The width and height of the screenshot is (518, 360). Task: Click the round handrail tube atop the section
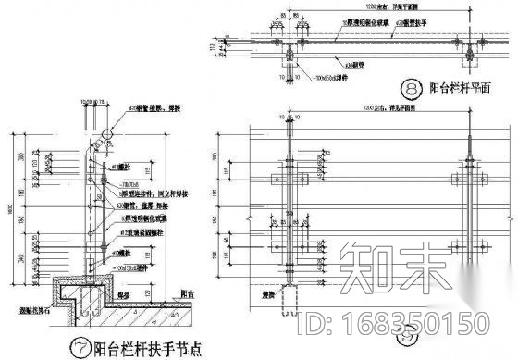click(105, 134)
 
